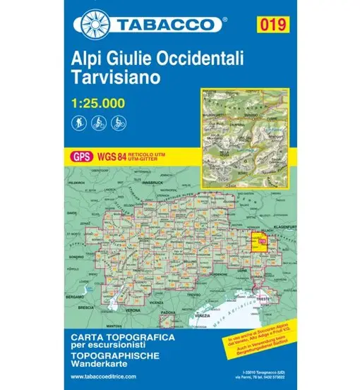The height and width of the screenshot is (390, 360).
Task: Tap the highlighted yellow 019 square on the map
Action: (263, 242)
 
